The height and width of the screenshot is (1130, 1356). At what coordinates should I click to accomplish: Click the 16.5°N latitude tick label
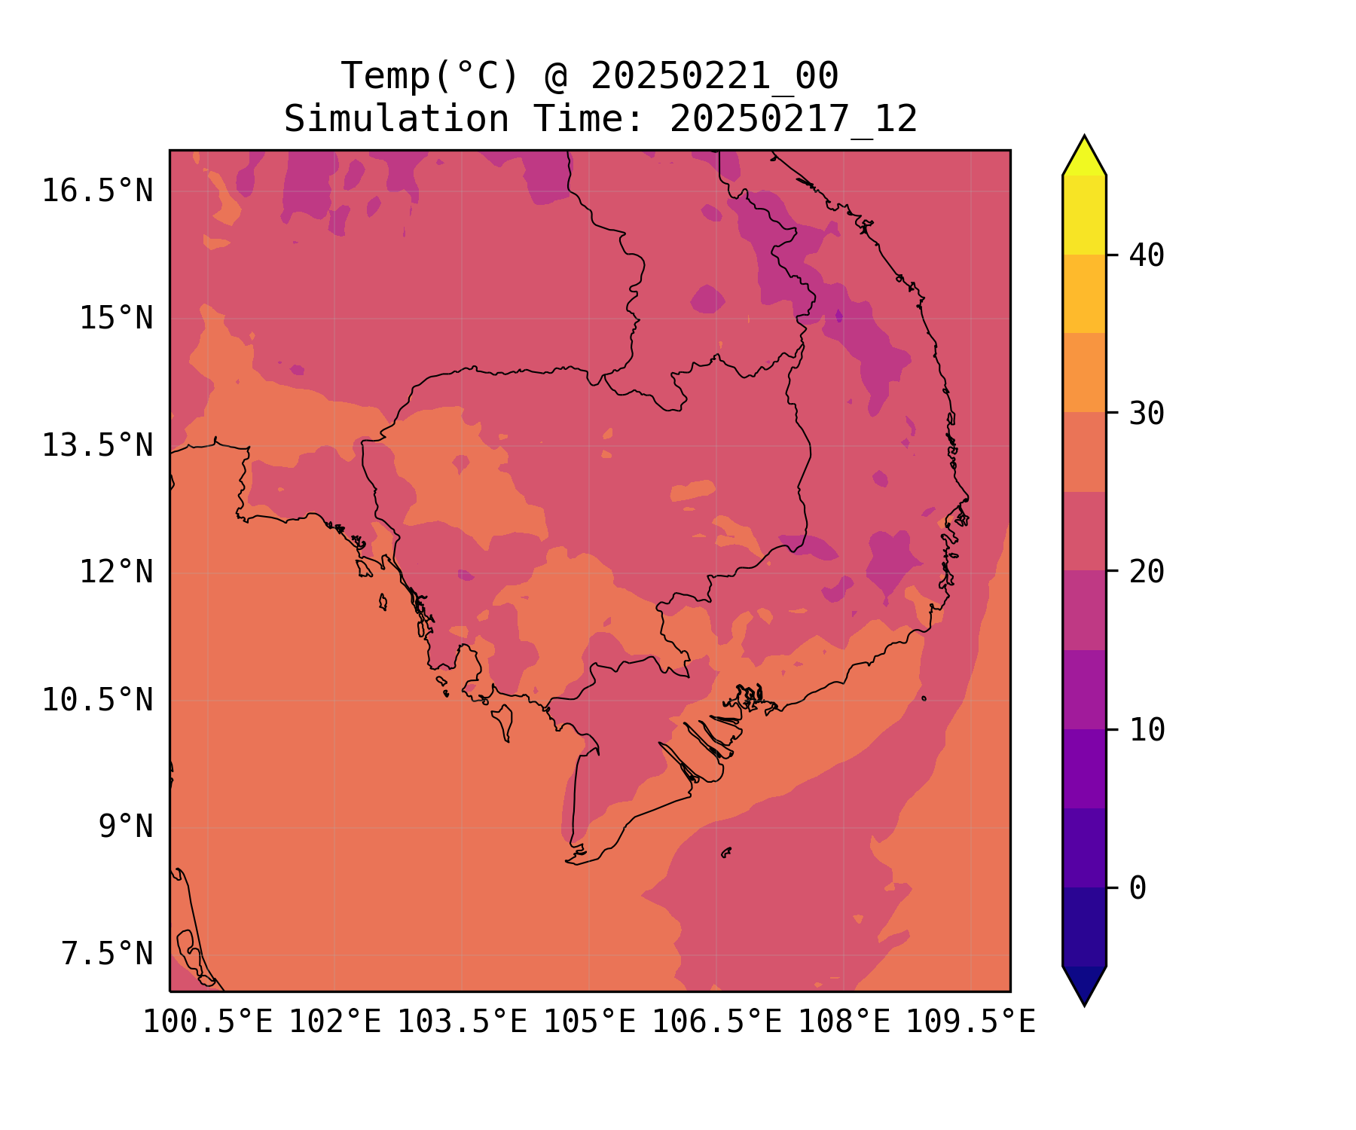click(97, 191)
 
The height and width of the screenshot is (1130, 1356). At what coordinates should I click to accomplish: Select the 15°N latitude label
click(116, 318)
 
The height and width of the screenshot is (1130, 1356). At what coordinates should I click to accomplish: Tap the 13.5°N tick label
click(97, 445)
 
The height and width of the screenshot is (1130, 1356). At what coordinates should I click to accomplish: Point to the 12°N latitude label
click(116, 572)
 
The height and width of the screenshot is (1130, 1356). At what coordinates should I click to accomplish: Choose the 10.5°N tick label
click(97, 700)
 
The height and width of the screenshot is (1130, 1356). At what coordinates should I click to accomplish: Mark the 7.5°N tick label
click(107, 954)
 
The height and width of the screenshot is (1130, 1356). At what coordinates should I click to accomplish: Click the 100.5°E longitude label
click(208, 1022)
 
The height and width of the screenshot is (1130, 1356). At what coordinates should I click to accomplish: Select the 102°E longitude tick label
click(335, 1022)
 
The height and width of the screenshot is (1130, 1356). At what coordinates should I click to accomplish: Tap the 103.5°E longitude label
click(462, 1022)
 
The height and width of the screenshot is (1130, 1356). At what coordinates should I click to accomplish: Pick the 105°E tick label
click(589, 1022)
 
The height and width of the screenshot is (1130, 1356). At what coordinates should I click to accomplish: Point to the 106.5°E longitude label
click(716, 1022)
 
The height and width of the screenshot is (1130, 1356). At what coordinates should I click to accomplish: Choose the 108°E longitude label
click(844, 1022)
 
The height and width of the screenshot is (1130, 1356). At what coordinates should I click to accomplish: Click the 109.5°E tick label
click(970, 1022)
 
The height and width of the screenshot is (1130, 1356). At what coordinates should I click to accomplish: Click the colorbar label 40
click(1147, 255)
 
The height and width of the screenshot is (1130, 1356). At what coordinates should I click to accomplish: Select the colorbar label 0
click(1138, 888)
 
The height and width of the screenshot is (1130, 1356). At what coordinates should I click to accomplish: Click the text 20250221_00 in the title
click(714, 75)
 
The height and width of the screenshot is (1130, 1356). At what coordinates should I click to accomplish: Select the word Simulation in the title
click(396, 119)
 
